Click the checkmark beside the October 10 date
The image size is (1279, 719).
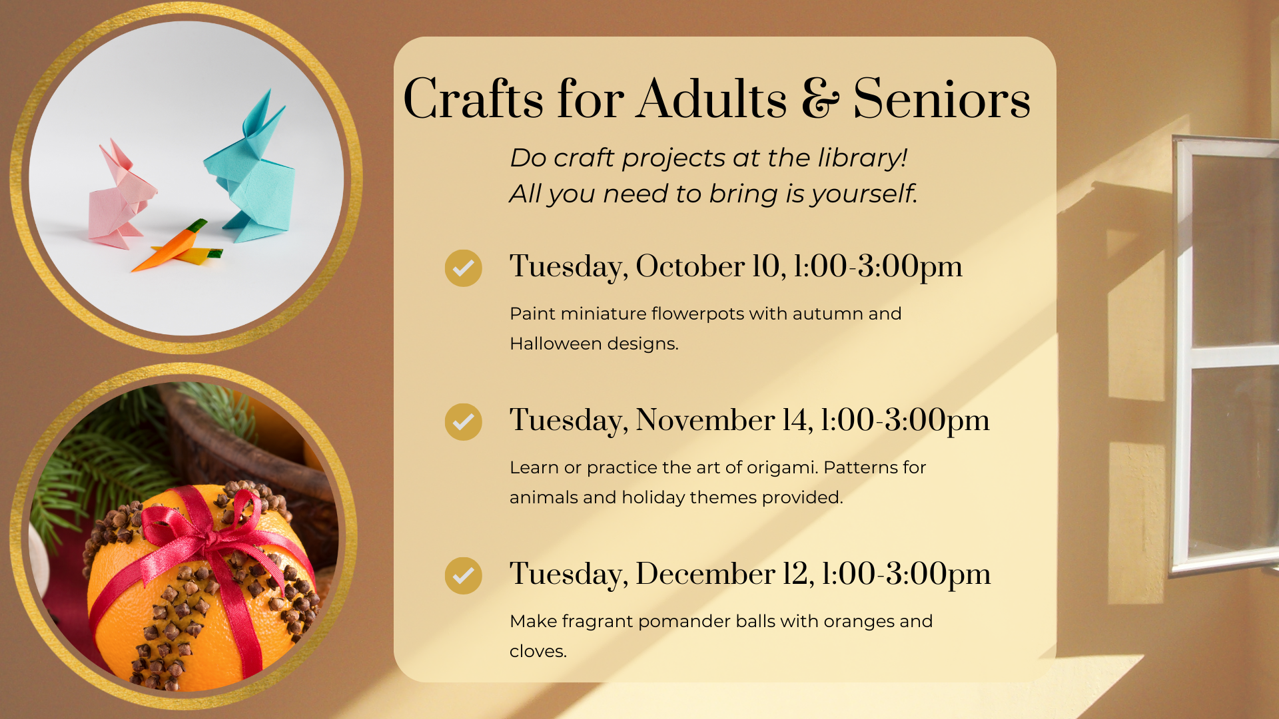pos(464,268)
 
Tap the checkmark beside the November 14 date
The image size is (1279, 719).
pos(464,422)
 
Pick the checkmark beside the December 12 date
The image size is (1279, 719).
pos(464,576)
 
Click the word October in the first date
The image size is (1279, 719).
pos(690,266)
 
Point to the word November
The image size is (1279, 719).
pos(705,420)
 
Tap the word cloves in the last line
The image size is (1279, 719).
pos(538,651)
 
